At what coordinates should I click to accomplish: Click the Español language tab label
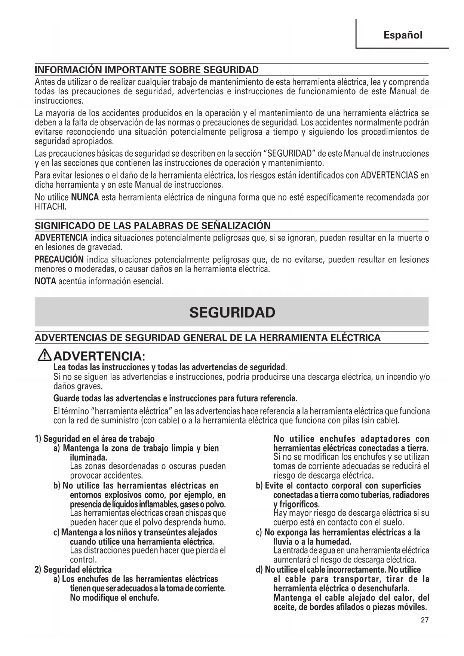pos(403,35)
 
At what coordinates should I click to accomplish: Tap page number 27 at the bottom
pos(424,620)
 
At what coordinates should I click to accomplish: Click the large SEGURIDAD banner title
pos(232,312)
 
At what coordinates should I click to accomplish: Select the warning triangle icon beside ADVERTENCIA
pos(45,355)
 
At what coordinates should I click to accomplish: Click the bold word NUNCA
pos(85,197)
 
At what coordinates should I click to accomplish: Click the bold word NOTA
pos(45,281)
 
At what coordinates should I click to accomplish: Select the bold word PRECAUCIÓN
pos(59,260)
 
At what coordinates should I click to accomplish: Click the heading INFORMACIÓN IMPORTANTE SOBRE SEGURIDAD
pos(147,70)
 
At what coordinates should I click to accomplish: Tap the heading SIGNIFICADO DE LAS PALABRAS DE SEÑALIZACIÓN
pos(153,226)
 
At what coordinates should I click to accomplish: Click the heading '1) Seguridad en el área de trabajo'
pos(95,439)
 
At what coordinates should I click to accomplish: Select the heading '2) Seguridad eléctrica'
pos(73,570)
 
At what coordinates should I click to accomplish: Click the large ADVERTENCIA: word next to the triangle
pos(99,355)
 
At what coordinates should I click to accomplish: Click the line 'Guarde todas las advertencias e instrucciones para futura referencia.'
pos(175,398)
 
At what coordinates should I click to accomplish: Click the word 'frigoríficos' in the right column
pos(299,504)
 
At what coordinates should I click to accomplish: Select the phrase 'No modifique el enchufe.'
pos(114,598)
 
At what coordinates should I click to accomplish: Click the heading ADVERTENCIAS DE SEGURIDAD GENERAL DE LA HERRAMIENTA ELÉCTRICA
pos(208,338)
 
